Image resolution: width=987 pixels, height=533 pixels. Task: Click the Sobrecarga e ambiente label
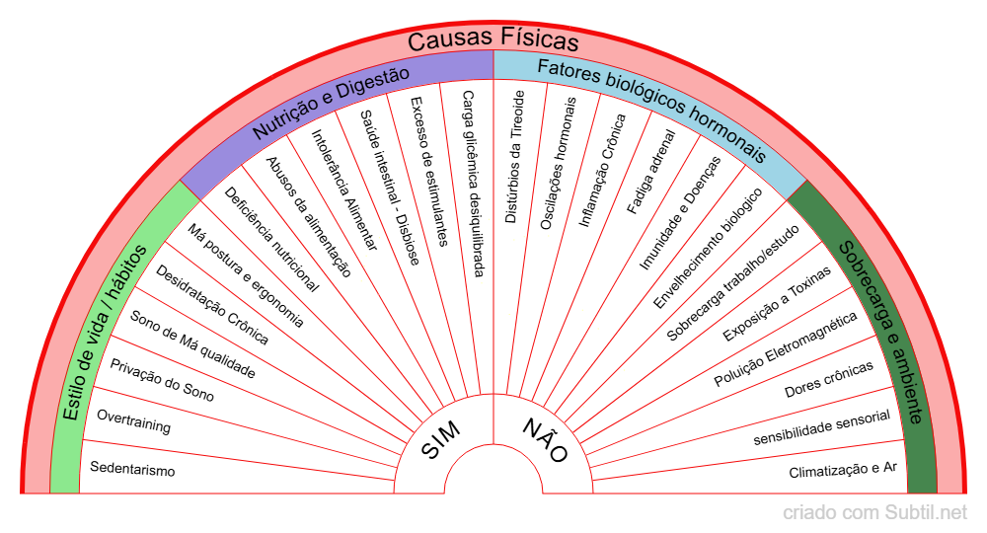click(x=881, y=331)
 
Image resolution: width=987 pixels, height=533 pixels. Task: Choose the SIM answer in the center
click(x=440, y=439)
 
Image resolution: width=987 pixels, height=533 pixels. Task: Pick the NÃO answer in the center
click(x=545, y=440)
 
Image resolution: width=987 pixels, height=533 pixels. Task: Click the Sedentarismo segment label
click(x=132, y=470)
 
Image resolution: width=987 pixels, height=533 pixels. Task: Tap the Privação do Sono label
click(x=162, y=381)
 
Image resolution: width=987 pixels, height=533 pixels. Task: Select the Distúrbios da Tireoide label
click(x=514, y=156)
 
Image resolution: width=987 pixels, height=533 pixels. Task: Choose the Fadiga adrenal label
click(x=650, y=171)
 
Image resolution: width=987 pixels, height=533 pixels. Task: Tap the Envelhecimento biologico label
click(x=708, y=247)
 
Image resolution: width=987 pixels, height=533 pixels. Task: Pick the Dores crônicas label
click(x=829, y=380)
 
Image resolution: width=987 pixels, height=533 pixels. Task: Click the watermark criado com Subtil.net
click(x=874, y=512)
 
